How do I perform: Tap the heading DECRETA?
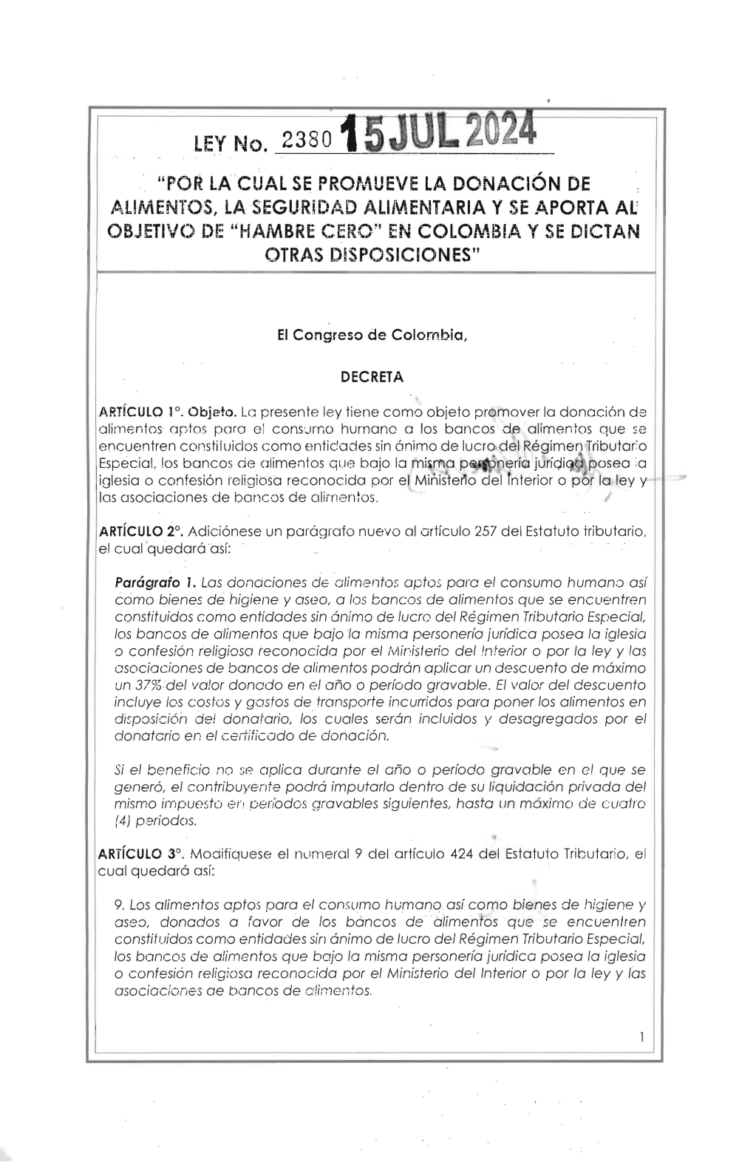click(371, 377)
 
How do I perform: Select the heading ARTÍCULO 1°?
click(140, 411)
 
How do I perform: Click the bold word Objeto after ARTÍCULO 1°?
click(212, 411)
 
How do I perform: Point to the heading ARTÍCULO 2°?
click(141, 531)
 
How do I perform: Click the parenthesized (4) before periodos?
click(123, 821)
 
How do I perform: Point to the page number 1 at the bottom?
click(641, 1038)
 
